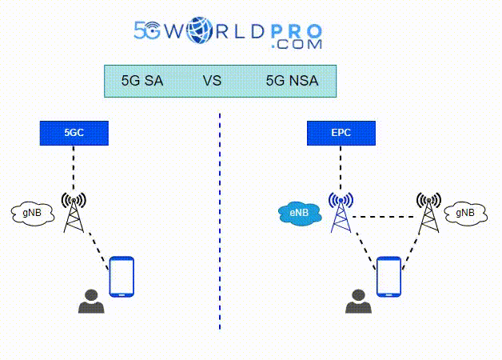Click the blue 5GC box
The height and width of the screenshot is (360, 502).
[74, 133]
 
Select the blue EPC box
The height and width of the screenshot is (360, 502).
[341, 133]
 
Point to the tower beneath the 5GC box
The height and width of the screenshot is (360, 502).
[74, 211]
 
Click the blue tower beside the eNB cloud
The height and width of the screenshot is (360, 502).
[341, 211]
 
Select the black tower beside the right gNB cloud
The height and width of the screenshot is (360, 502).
[428, 211]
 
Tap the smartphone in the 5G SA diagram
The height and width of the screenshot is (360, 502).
[122, 277]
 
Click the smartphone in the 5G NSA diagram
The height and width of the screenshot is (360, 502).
[388, 277]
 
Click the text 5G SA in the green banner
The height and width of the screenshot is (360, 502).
[142, 81]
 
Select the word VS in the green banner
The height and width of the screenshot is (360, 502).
[212, 81]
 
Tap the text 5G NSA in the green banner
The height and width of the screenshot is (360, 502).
[291, 81]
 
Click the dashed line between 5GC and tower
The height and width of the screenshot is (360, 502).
[74, 168]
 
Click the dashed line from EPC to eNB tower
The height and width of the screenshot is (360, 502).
[341, 168]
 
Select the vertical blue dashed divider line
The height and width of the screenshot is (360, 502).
[220, 240]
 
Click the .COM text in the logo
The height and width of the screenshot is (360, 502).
[297, 46]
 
